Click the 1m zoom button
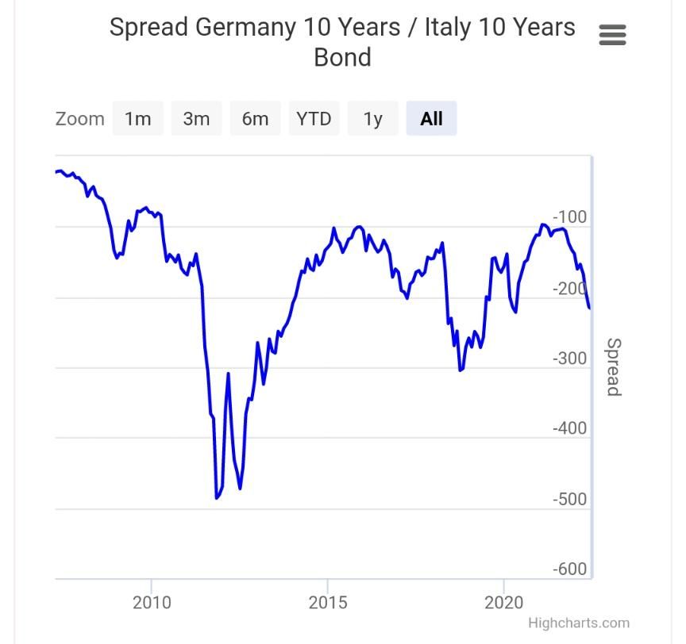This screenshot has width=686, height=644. pos(137,119)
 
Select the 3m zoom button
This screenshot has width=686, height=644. pos(196,119)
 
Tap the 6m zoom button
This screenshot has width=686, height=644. pos(255,119)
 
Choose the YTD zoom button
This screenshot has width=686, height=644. pos(314,119)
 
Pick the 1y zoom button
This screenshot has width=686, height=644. pos(372,119)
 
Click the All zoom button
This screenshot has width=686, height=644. pos(431,119)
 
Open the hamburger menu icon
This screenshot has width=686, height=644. pos(612,35)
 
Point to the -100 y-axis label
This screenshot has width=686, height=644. pos(569,217)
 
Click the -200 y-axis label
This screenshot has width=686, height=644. pos(569,289)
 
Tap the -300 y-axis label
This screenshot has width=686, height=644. pos(569,358)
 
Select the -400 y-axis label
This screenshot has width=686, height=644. pos(569,429)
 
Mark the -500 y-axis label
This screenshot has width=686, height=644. pos(569,500)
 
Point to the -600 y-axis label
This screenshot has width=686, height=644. pos(569,569)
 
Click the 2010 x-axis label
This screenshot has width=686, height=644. pos(152,603)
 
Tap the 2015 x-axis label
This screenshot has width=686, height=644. pos(328,603)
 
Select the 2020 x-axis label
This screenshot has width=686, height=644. pos(504,603)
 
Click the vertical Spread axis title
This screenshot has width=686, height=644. pos(613,366)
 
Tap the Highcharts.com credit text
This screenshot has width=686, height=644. pos(578,623)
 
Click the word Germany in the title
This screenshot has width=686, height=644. pos(245,27)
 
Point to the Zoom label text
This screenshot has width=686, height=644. pos(79,119)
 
